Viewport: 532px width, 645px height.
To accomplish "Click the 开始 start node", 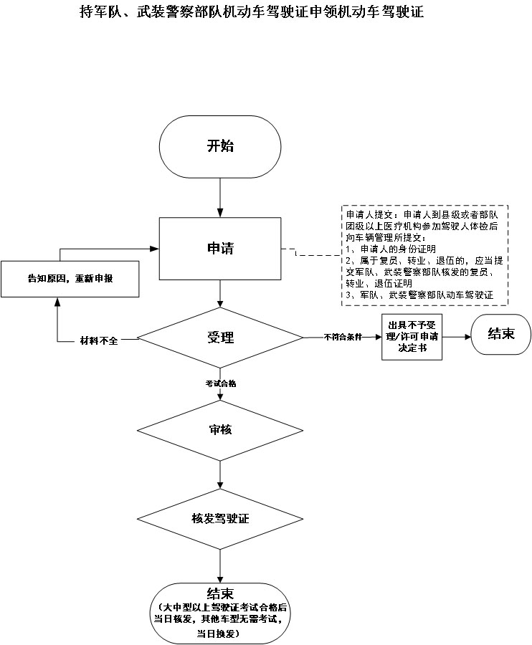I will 220,146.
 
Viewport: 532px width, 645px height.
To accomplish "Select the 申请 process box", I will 220,249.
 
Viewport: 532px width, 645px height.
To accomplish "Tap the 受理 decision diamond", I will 220,338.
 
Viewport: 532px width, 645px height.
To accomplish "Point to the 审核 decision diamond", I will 220,429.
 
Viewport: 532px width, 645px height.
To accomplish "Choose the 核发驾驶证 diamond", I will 220,517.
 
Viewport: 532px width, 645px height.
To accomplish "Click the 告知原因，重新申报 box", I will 70,279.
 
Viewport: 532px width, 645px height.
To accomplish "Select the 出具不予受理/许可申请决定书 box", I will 411,335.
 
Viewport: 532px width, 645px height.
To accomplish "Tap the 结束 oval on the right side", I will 500,333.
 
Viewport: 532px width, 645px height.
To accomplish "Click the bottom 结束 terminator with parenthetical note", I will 220,613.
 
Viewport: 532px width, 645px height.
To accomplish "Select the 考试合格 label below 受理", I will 220,383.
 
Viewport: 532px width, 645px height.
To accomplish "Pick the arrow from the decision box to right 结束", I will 455,335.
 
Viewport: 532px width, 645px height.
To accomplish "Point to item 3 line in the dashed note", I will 423,295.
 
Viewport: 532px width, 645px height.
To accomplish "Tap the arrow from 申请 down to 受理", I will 220,294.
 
